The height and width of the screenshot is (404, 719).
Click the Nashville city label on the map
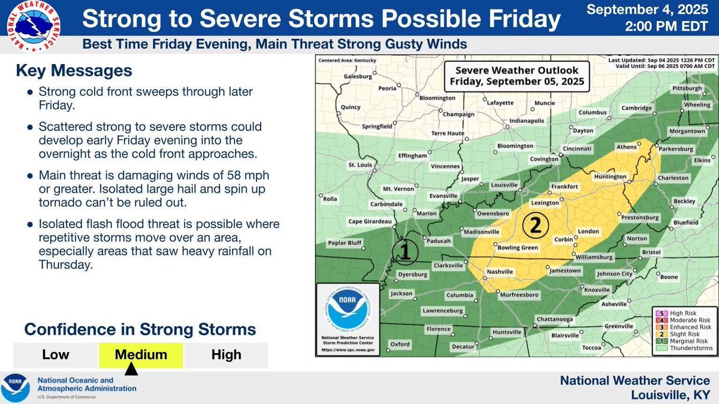click(500, 272)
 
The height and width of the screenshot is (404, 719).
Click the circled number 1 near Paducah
click(404, 251)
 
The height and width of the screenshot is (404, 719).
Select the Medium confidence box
click(141, 355)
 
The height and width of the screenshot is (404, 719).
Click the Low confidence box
click(55, 355)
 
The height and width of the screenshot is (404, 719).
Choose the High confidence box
click(226, 355)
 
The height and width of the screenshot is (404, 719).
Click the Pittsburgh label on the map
click(687, 88)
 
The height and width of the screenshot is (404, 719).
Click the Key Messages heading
click(74, 71)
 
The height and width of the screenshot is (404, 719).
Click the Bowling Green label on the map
click(518, 247)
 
